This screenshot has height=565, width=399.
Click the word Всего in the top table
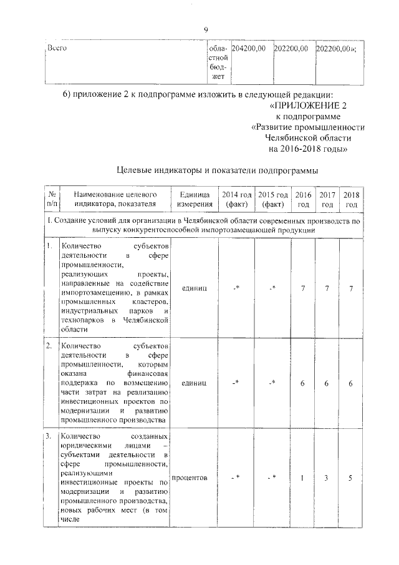(x=57, y=48)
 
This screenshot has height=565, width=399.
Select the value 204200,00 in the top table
(x=249, y=48)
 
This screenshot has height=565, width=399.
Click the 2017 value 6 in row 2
(x=327, y=383)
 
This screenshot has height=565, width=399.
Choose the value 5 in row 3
(x=351, y=478)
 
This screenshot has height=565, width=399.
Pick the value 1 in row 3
(x=302, y=478)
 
